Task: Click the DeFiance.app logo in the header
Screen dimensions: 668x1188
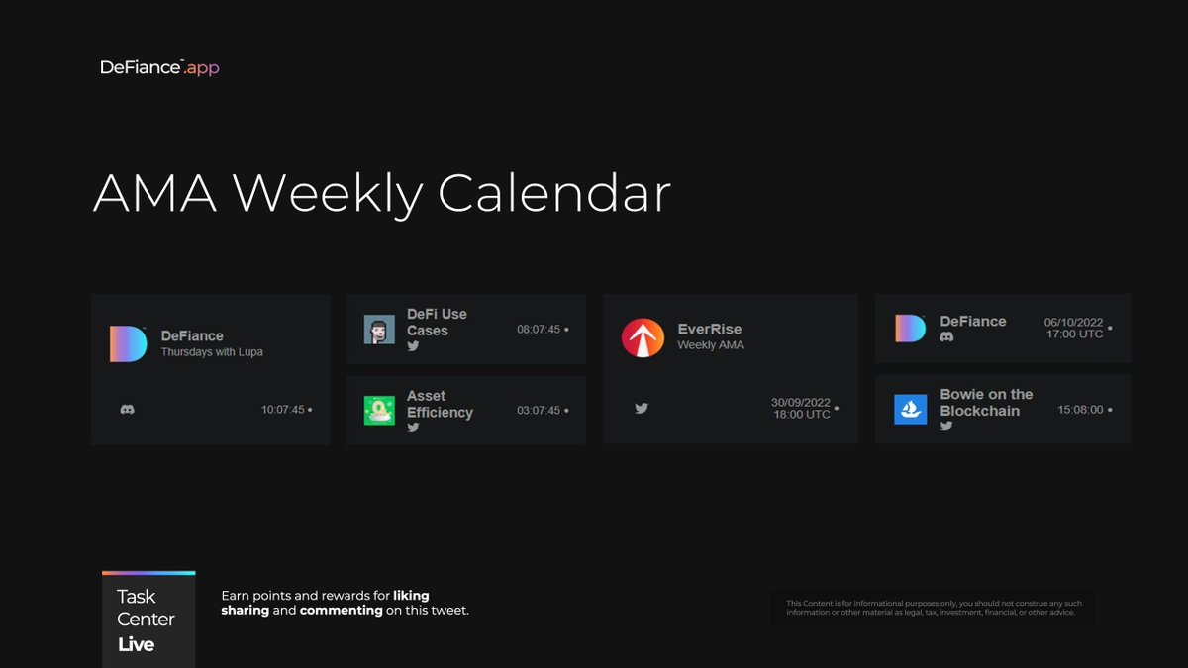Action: tap(159, 67)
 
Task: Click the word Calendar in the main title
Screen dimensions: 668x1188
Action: tap(554, 193)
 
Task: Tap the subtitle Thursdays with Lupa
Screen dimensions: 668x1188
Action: tap(212, 352)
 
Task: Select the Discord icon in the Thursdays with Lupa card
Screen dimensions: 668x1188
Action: tap(127, 409)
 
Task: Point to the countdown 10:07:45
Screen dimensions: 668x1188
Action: tap(283, 410)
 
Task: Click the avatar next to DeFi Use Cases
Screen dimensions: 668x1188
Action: tap(379, 330)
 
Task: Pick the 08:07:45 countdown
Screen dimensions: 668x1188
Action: tap(539, 330)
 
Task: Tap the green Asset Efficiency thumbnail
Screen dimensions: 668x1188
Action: tap(379, 411)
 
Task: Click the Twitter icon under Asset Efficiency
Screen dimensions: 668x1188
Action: tap(413, 428)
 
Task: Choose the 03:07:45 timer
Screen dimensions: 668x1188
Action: tap(539, 411)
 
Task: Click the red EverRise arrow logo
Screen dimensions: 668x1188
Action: tap(643, 337)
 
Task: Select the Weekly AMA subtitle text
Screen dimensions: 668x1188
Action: tap(711, 345)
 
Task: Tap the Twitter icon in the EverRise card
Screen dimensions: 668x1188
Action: tap(642, 408)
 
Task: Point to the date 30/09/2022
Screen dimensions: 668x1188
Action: tap(801, 403)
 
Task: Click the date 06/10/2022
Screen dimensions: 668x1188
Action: tap(1073, 323)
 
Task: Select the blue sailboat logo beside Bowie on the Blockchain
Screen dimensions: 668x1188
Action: tap(911, 409)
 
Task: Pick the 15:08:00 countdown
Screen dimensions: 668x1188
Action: tap(1080, 410)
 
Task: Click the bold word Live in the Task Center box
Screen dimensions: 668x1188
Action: tap(137, 644)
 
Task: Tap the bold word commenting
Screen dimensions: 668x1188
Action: tap(341, 611)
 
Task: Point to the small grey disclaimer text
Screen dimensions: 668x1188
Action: tap(934, 608)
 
